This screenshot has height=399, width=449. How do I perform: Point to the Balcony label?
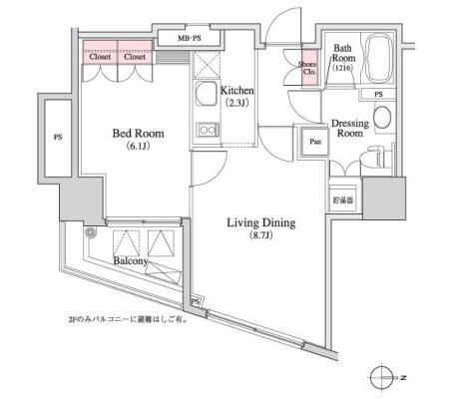point(132,260)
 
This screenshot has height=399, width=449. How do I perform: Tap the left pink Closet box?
point(100,57)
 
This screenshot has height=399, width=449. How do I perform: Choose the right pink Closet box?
point(135,57)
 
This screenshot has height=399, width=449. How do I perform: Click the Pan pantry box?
point(314,142)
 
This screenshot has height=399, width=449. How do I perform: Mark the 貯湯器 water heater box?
point(342,200)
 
